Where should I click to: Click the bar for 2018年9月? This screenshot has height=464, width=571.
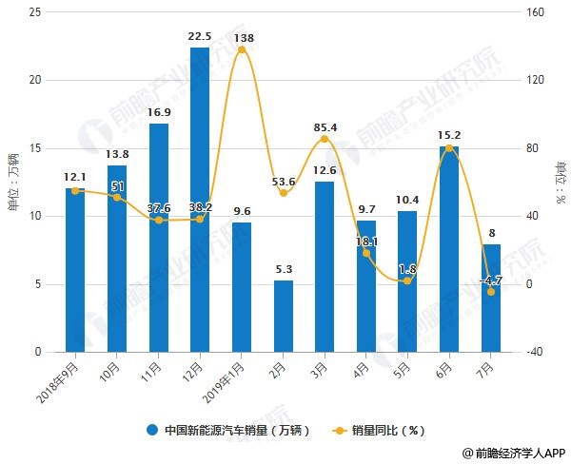(75, 270)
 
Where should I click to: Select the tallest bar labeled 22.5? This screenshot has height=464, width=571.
(200, 200)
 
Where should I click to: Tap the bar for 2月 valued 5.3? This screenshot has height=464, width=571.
(283, 316)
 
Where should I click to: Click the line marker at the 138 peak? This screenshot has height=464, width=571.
(242, 49)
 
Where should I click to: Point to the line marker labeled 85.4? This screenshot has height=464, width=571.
(325, 139)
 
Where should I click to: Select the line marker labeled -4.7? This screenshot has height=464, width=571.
(491, 292)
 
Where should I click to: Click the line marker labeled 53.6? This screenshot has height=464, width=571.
(283, 193)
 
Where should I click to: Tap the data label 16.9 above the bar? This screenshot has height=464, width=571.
(158, 111)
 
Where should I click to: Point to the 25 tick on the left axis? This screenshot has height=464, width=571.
(36, 12)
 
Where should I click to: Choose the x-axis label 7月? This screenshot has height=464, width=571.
(485, 368)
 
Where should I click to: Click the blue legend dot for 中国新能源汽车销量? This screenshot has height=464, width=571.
(152, 431)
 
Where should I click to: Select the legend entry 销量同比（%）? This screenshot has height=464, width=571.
(381, 431)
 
